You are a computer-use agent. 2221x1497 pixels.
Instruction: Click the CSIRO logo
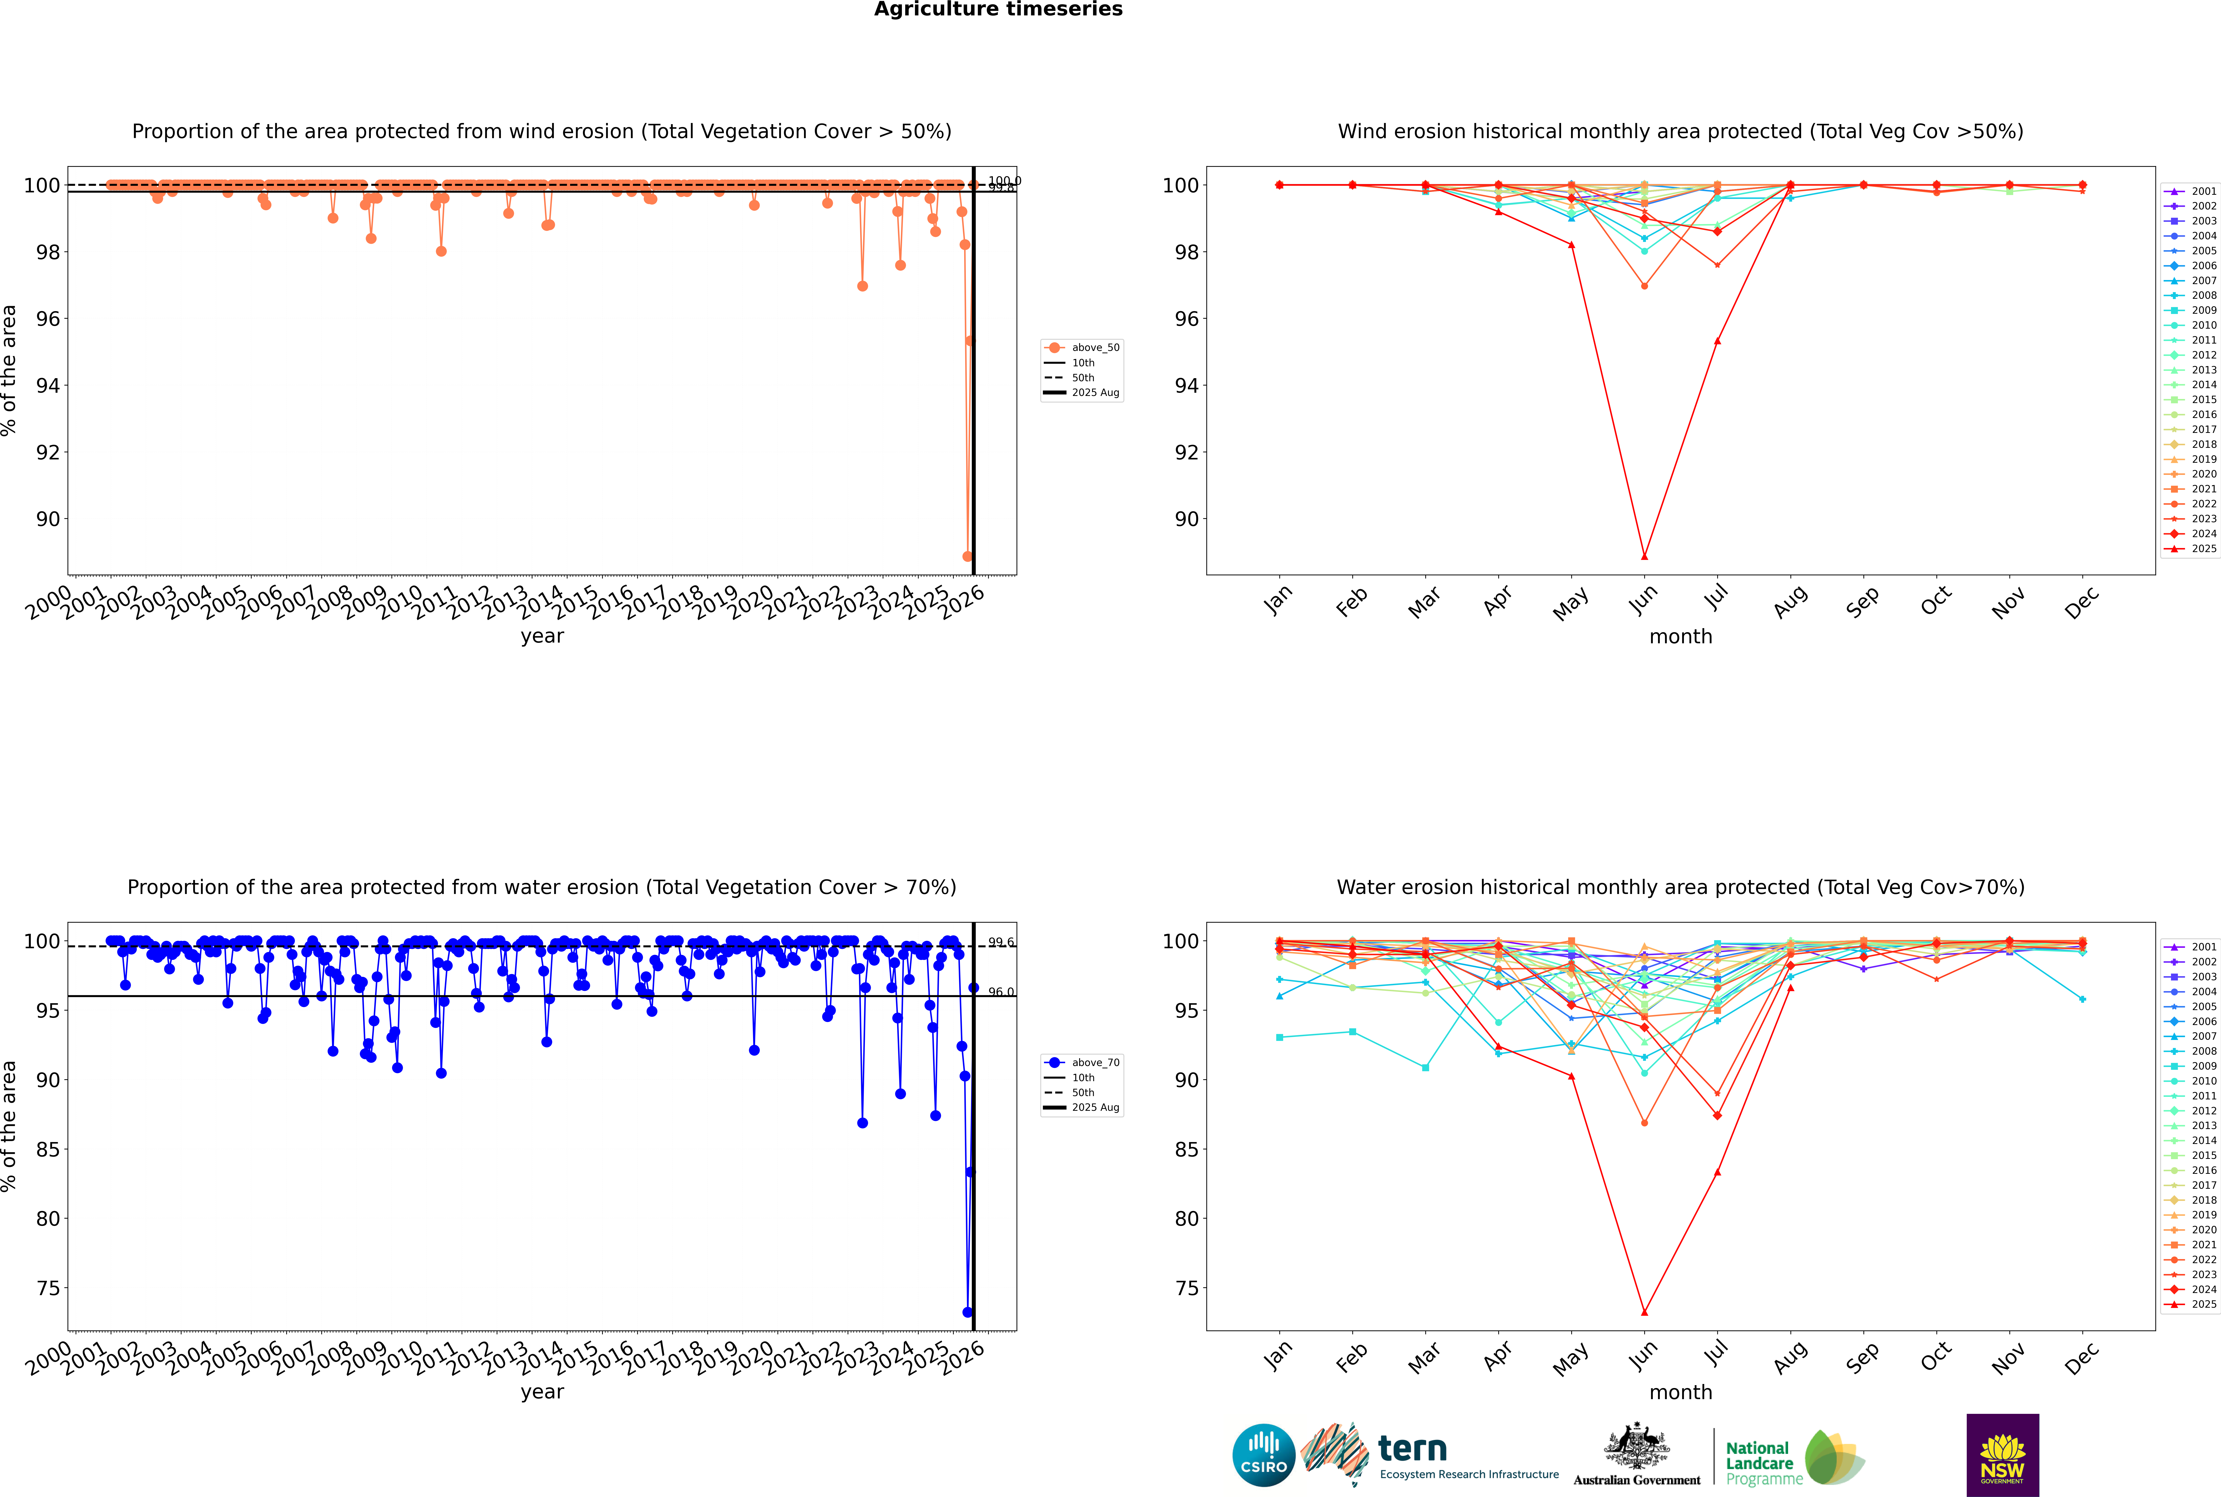tap(1263, 1455)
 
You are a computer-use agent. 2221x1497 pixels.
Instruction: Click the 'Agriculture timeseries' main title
tap(998, 9)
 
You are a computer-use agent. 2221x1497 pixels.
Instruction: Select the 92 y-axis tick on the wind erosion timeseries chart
tap(48, 453)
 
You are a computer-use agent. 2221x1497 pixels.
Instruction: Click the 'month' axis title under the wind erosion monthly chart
tap(1681, 637)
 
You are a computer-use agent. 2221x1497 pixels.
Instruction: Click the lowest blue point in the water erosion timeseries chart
tap(967, 1312)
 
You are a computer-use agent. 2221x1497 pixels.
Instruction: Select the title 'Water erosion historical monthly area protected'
tap(1681, 887)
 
